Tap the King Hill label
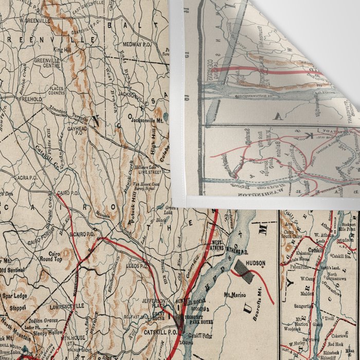[x=61, y=50]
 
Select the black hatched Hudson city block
[x=245, y=273]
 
